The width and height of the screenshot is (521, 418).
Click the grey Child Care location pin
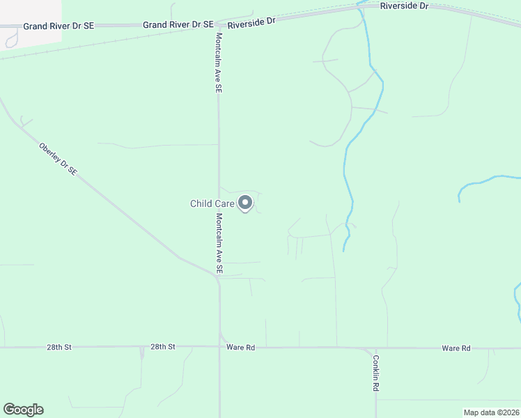coord(245,203)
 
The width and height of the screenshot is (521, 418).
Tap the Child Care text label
coord(212,203)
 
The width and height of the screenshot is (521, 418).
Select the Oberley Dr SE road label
coord(58,159)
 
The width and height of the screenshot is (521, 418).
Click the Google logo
coord(23,410)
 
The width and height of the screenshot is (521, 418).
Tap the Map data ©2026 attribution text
coord(491,412)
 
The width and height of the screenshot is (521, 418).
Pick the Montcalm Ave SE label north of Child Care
coord(219,63)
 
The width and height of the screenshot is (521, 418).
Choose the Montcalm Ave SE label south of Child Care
coord(219,243)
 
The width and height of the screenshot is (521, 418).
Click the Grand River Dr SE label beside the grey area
coord(58,26)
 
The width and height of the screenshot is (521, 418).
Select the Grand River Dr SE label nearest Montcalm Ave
coord(178,24)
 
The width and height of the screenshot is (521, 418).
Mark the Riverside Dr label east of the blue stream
coord(404,6)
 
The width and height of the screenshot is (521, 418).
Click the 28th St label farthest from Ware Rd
coord(59,346)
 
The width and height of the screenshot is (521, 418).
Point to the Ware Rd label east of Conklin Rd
coord(456,348)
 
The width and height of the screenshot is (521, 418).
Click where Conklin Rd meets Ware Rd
coord(375,348)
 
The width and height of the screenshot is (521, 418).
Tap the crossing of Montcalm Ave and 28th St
coord(219,347)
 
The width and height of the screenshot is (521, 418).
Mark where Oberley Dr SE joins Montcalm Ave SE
coord(217,274)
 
